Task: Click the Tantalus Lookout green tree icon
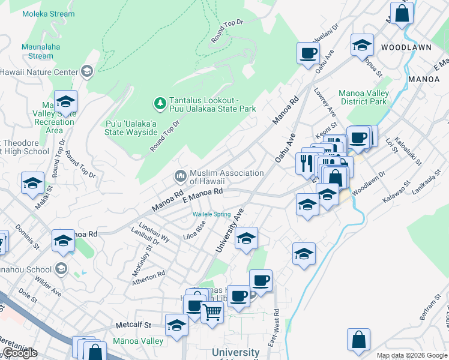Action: pyautogui.click(x=160, y=104)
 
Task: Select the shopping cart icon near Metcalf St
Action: pyautogui.click(x=212, y=311)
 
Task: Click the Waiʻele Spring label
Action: pyautogui.click(x=211, y=214)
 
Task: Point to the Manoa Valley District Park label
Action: pyautogui.click(x=363, y=97)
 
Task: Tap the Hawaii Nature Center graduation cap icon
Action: pyautogui.click(x=87, y=72)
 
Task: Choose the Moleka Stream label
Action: pyautogui.click(x=49, y=14)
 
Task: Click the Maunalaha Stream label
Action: pyautogui.click(x=37, y=51)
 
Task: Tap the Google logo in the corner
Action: pyautogui.click(x=20, y=353)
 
